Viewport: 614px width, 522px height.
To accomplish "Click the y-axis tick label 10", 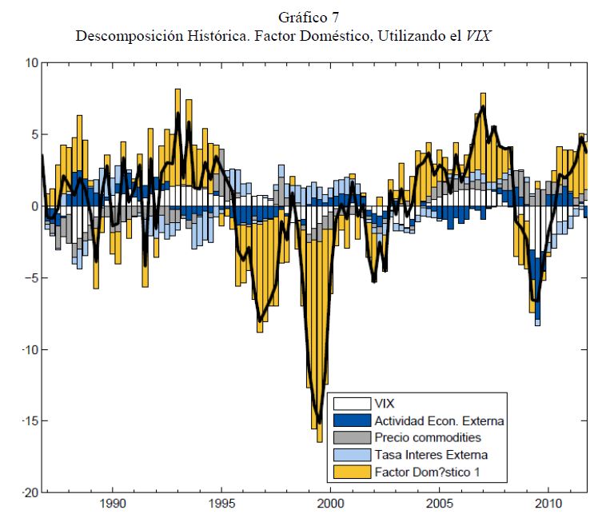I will point(30,62).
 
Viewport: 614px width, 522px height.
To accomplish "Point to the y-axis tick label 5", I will point(33,134).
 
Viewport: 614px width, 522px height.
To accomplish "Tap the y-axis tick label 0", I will point(33,206).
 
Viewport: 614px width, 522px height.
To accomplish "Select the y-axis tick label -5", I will point(30,278).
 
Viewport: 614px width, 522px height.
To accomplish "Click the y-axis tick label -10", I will point(27,349).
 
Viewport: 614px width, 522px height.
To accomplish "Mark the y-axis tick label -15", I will point(27,421).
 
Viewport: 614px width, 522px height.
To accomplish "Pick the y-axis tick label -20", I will point(27,492).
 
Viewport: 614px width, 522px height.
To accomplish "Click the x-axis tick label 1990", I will point(112,506).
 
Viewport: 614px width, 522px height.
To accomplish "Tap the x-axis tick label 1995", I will point(221,506).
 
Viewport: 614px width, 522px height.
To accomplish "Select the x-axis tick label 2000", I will point(330,506).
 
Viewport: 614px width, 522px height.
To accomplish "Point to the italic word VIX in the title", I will point(496,36).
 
